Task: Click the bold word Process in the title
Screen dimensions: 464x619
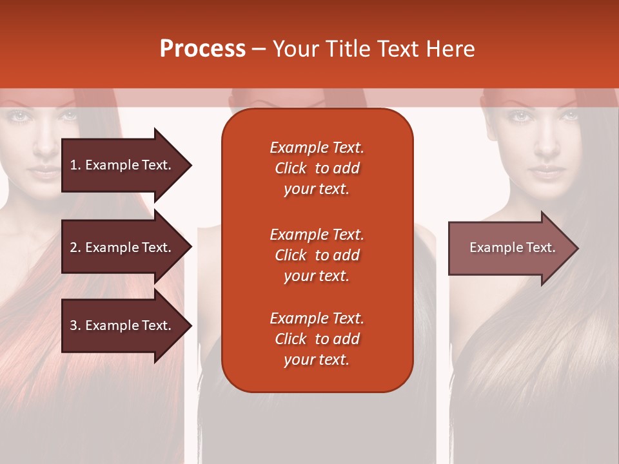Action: pyautogui.click(x=202, y=49)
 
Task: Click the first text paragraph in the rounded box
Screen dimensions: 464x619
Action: pyautogui.click(x=317, y=168)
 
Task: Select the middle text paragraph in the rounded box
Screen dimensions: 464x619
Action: pyautogui.click(x=317, y=255)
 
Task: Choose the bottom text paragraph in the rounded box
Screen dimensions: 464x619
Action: pyautogui.click(x=317, y=339)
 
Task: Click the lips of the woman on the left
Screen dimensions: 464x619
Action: pyautogui.click(x=44, y=173)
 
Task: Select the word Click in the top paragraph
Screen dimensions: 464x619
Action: pyautogui.click(x=291, y=168)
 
